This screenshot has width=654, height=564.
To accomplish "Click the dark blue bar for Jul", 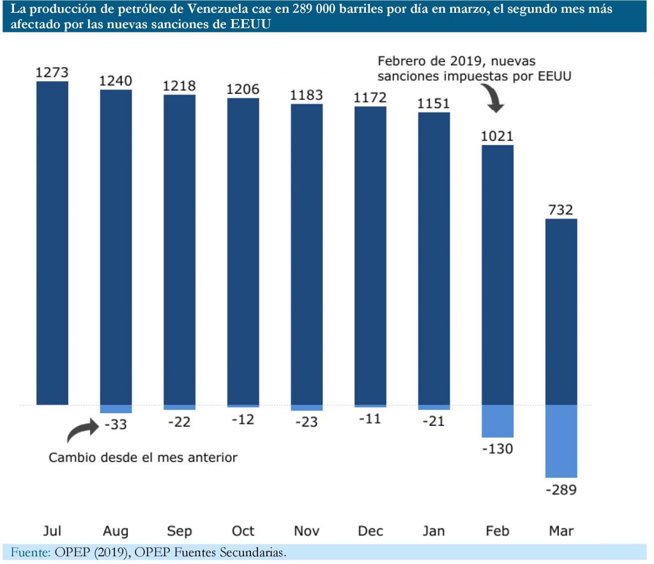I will [x=52, y=243].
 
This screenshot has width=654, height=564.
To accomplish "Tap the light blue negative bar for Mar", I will [x=561, y=441].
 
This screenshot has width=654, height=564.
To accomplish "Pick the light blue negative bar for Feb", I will [x=498, y=421].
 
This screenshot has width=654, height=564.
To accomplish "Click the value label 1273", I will [x=52, y=72].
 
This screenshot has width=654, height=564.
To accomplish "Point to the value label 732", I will [x=561, y=210].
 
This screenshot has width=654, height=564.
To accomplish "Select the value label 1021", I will [x=498, y=136].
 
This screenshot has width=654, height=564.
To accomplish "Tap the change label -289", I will [x=561, y=490].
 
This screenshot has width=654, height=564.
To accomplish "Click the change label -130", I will [x=498, y=449].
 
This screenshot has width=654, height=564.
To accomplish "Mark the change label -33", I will [x=116, y=424].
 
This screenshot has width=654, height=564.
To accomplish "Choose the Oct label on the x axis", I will [x=243, y=531].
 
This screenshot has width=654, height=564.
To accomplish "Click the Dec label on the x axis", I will [x=370, y=531].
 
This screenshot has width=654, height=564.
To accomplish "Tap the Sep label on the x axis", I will [x=179, y=531].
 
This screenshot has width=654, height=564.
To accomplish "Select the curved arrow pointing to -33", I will [x=82, y=432].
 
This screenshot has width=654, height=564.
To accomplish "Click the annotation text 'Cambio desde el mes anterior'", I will [x=142, y=458].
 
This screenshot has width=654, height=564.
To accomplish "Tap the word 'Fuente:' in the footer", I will [x=29, y=552].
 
